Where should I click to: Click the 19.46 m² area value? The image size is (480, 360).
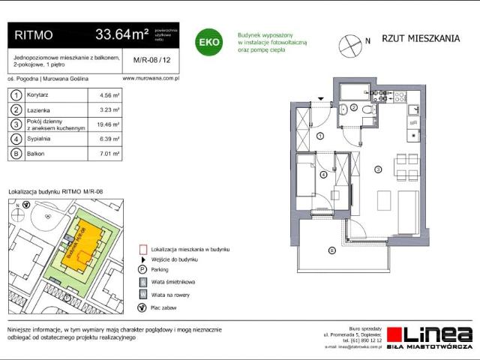109,124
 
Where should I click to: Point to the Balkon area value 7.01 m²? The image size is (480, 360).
109,154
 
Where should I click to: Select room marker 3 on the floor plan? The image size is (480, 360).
379,169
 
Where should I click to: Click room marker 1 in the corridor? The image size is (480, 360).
319,136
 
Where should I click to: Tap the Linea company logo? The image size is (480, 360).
435,337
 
